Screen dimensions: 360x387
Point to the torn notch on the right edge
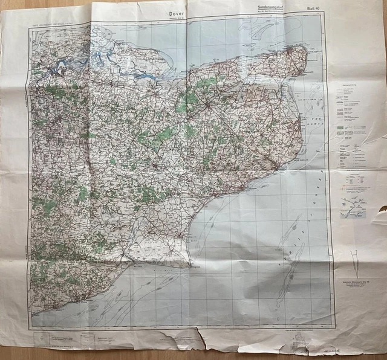[381, 212]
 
